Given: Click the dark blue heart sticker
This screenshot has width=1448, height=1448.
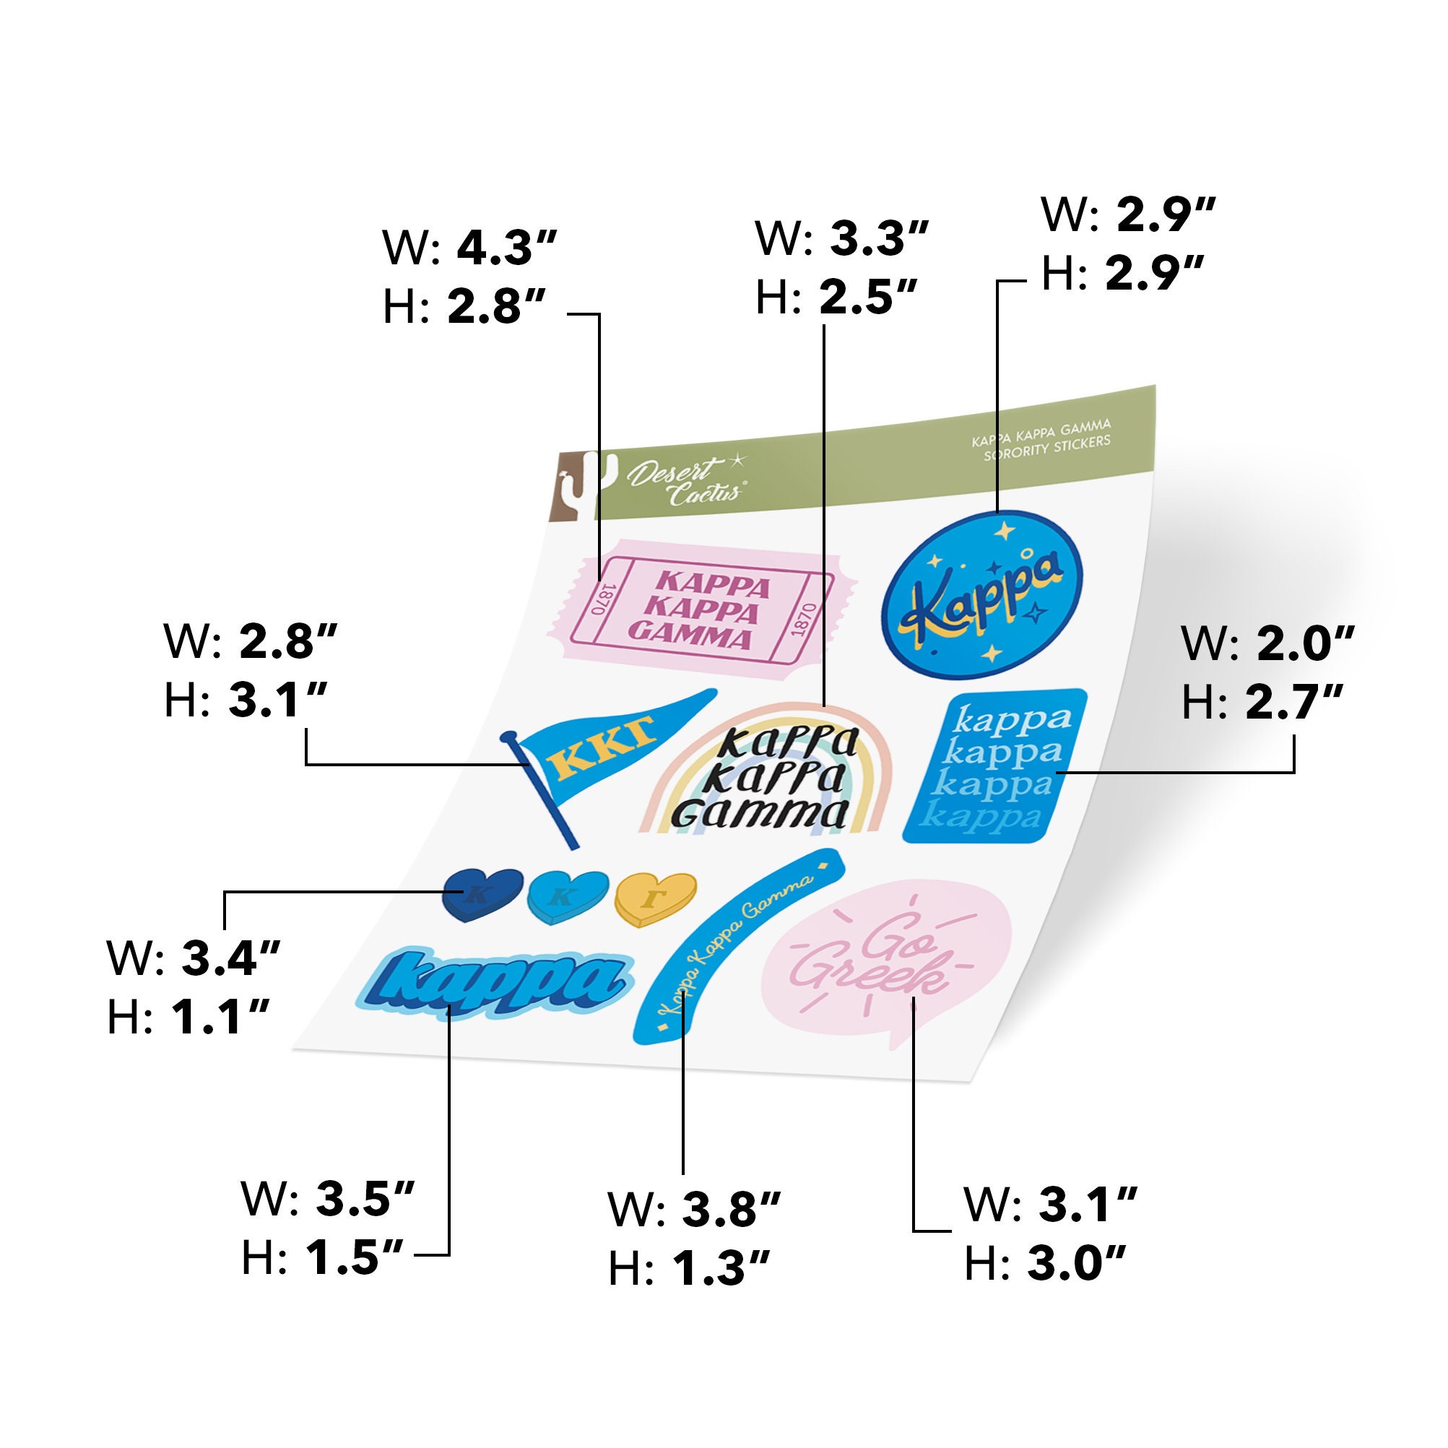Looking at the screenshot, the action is (482, 893).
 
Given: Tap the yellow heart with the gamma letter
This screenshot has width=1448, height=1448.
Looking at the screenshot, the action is (655, 898).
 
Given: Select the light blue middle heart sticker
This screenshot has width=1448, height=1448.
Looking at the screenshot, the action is (568, 895).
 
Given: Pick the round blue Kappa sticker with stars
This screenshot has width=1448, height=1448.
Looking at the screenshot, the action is (981, 596).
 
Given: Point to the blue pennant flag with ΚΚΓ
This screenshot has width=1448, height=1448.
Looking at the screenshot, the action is (599, 757).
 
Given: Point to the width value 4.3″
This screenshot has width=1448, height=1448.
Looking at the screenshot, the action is (508, 248).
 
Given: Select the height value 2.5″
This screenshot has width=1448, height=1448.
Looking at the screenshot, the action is (868, 298).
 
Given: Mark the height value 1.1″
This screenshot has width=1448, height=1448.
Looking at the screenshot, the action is (220, 1017).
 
